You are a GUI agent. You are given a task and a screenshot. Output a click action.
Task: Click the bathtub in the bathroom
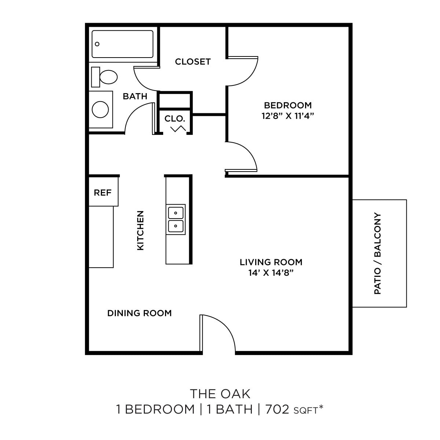[x=122, y=44]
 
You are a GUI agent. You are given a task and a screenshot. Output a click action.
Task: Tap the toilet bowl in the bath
[x=109, y=77]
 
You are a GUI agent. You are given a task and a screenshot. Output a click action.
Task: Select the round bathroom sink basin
[x=100, y=109]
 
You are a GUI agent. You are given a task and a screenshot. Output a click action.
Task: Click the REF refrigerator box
[x=103, y=192]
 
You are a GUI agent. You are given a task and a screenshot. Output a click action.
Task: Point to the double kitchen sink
[x=176, y=219]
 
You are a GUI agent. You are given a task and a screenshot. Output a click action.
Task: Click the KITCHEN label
[x=140, y=230]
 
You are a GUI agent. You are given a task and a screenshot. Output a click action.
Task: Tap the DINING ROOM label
[x=139, y=313]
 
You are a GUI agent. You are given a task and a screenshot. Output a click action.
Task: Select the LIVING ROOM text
[x=271, y=262]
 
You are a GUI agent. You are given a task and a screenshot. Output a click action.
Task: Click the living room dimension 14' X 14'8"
[x=271, y=273]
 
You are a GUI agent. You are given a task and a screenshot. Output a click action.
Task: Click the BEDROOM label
[x=288, y=106]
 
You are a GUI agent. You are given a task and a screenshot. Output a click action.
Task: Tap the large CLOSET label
[x=193, y=62]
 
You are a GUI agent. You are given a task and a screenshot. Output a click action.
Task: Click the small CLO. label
[x=175, y=119]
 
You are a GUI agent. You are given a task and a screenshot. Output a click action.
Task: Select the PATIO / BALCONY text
[x=378, y=253]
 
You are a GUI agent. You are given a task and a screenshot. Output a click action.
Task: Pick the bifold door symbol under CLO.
[x=178, y=129]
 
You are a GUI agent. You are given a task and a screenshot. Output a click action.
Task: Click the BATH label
[x=135, y=96]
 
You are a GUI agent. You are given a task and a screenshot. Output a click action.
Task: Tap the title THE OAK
[x=220, y=394]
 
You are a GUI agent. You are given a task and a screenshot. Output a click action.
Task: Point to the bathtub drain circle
[x=97, y=44]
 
